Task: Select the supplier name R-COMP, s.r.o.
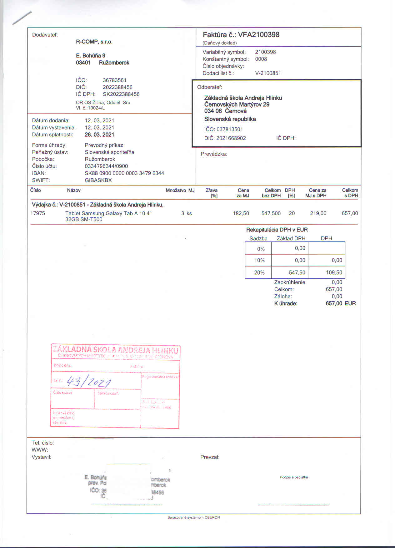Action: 94,42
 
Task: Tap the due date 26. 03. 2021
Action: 99,134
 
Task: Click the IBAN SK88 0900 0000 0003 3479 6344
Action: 124,173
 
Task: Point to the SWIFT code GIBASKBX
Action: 98,180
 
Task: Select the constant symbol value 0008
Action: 261,59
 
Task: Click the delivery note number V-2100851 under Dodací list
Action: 268,73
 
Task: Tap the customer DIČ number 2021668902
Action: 231,138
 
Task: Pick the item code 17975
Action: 37,213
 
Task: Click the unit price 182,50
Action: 241,213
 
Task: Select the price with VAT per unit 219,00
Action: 318,213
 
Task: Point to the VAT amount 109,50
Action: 334,272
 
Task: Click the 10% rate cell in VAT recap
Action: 259,260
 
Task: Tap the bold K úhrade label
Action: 286,303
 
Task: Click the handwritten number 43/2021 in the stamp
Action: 89,381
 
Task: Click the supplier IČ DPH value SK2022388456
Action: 121,94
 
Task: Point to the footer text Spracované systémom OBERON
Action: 193,517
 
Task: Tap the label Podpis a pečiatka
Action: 294,477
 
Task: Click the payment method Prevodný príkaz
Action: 104,145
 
